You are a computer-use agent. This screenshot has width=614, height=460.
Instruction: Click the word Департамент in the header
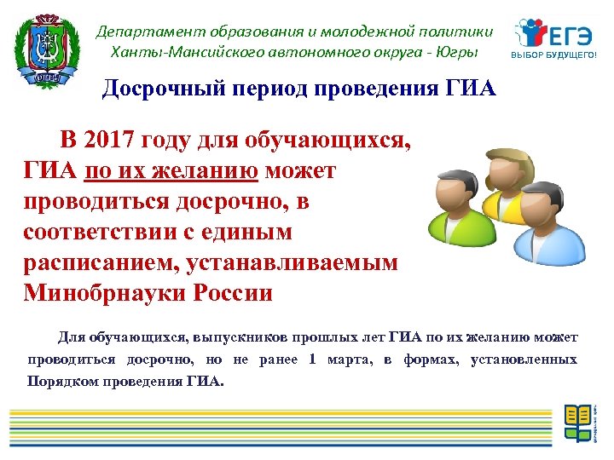tap(142, 32)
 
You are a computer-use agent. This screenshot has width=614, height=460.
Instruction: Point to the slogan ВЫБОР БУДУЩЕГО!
tap(553, 57)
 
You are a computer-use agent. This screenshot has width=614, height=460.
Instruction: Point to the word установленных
tap(524, 359)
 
